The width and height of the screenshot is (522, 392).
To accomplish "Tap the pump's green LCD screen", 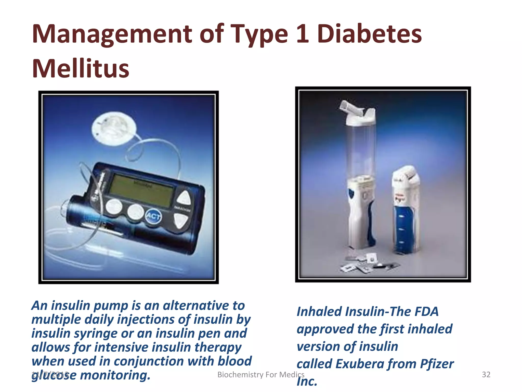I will coord(143,190).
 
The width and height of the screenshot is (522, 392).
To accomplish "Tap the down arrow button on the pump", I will coord(181,220).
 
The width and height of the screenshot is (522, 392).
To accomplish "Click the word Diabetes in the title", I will coord(369,34).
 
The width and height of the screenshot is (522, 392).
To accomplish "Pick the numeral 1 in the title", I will coord(302,34).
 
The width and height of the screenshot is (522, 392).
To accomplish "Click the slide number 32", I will coord(486,374).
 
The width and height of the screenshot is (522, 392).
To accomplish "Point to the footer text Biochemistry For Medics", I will coord(261,374).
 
